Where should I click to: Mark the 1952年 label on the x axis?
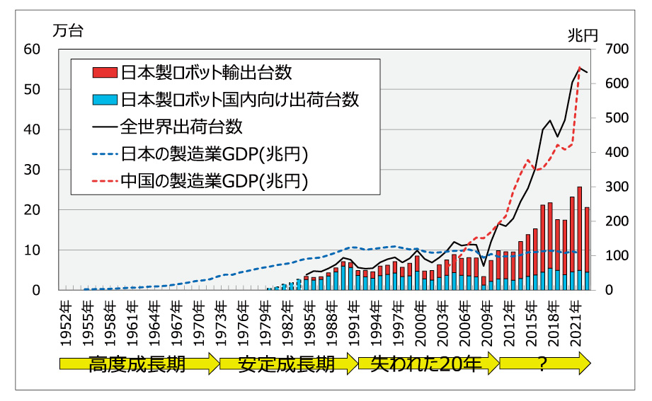65,319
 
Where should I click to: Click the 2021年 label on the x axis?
577,319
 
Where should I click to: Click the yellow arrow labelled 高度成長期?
139,364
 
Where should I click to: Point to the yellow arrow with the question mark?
544,364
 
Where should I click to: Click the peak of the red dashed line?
580,68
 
